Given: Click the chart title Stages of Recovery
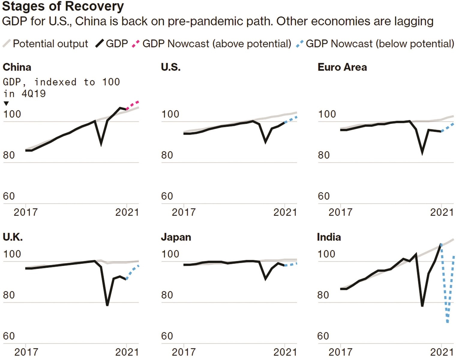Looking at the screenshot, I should (63, 6).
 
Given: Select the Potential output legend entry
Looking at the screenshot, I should (46, 44).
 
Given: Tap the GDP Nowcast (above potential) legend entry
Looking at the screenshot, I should (212, 44).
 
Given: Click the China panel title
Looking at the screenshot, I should (17, 67).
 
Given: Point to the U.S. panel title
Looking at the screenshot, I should (171, 67).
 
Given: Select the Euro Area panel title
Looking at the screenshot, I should (342, 67).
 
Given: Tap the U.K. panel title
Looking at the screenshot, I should (13, 237).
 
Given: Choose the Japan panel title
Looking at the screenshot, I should (176, 237).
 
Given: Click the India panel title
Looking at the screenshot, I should (329, 237).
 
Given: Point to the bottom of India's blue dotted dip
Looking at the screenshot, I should (448, 322).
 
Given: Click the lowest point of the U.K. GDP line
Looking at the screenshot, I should (107, 304).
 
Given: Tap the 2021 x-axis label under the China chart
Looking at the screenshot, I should (127, 212).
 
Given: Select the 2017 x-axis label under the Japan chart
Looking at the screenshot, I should (184, 352).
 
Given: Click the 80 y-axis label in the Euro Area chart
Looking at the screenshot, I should (324, 155).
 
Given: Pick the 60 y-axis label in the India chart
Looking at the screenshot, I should (323, 336).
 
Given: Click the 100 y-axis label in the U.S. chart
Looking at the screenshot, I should (170, 114).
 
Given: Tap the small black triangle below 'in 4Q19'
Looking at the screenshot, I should (6, 103).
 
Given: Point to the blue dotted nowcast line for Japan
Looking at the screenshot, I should (290, 265).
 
